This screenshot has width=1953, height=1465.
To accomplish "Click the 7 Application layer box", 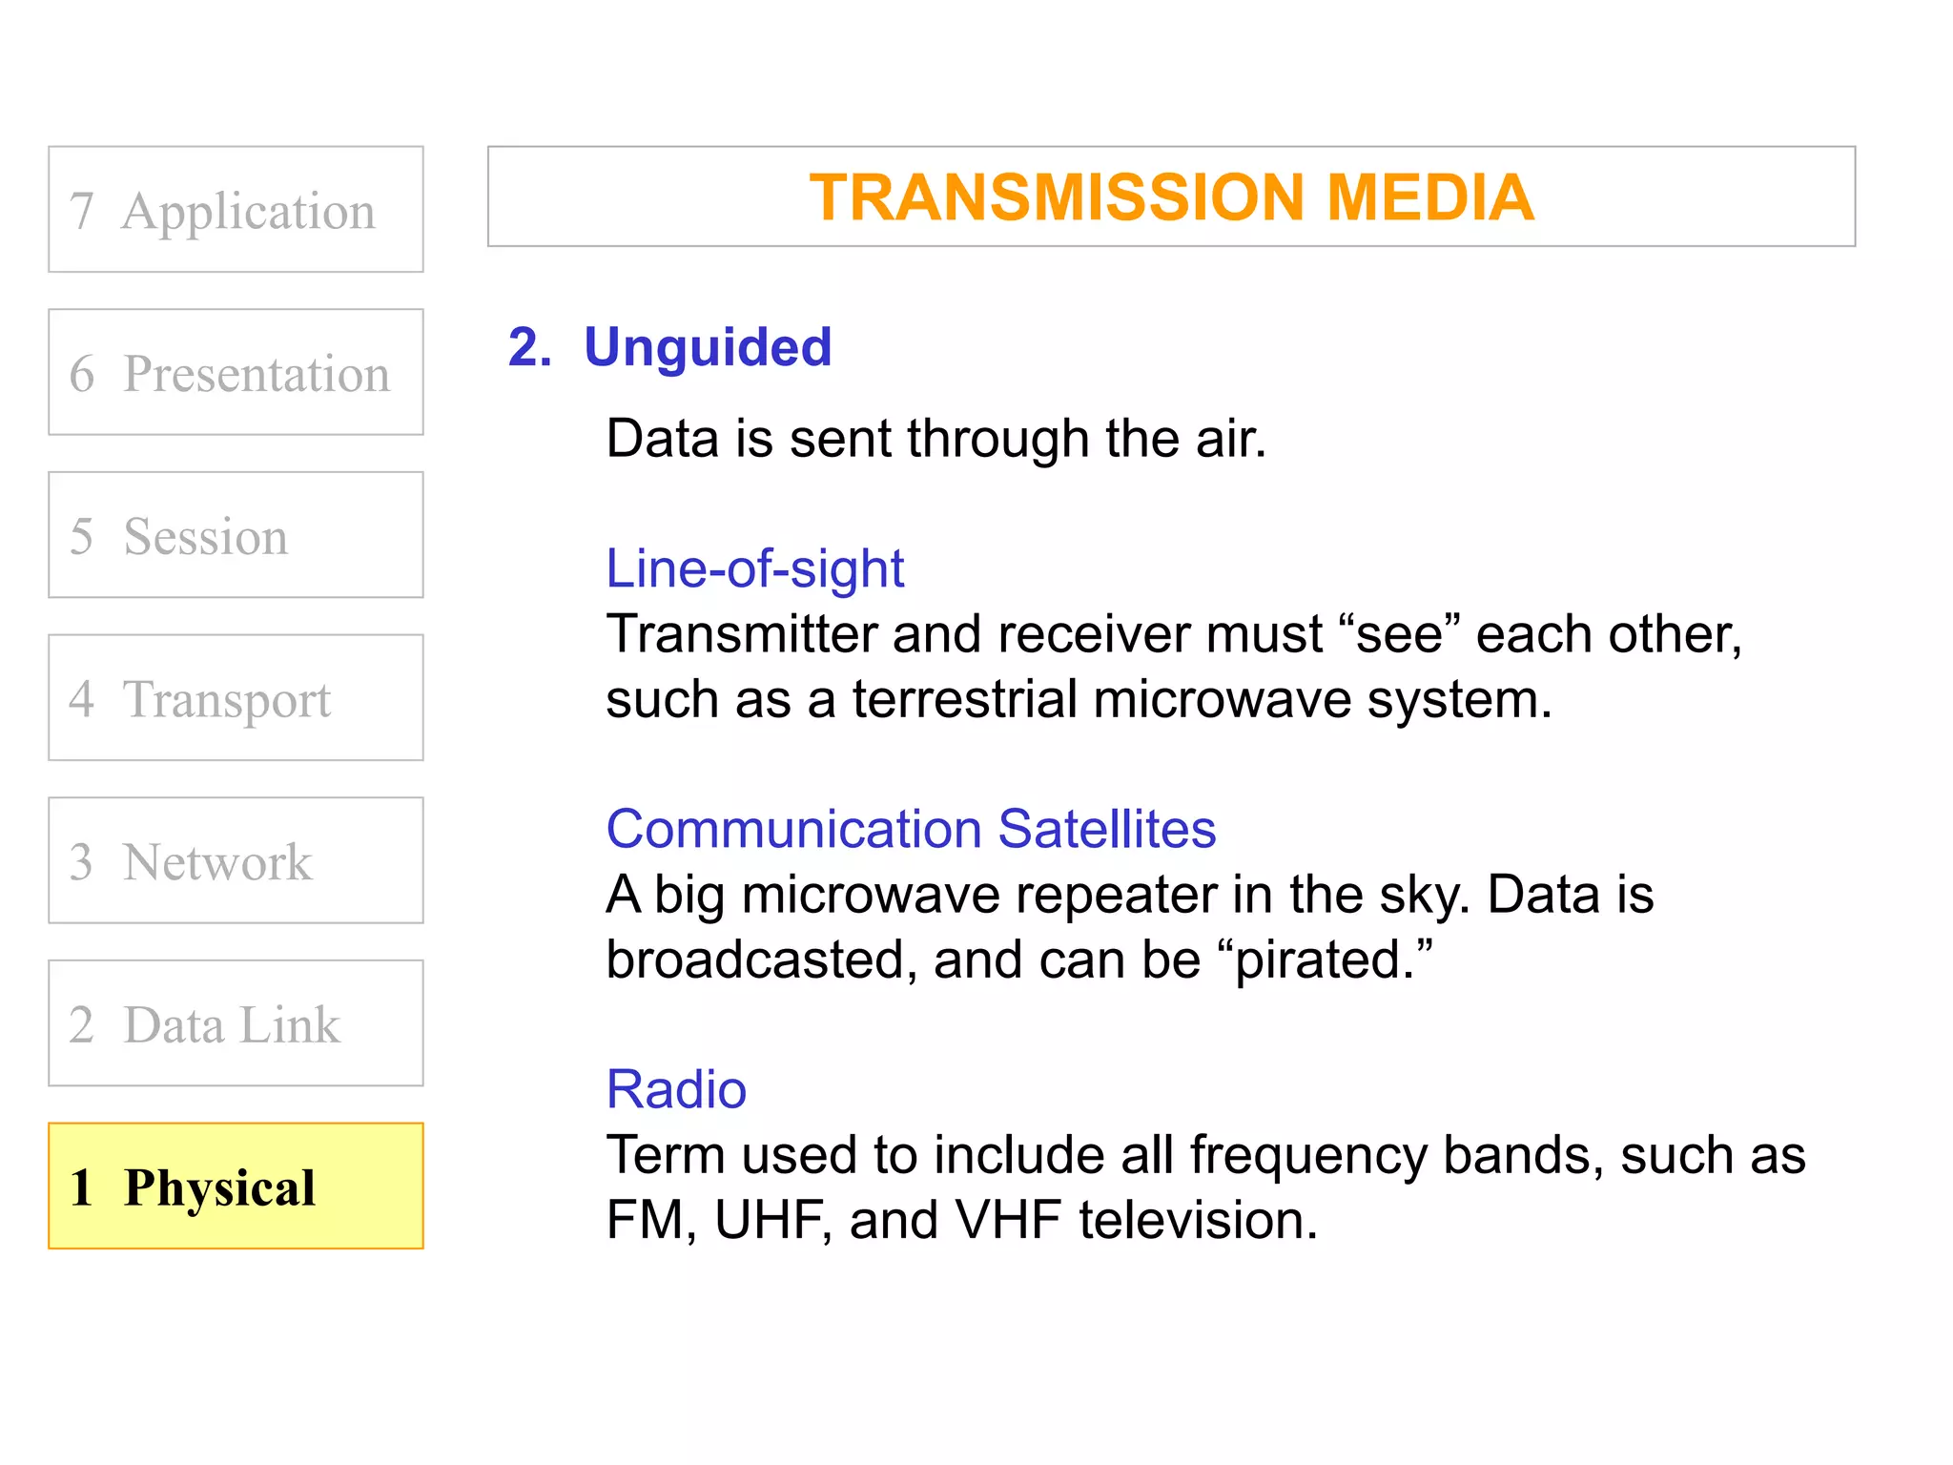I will pos(236,210).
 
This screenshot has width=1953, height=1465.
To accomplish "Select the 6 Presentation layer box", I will pos(236,372).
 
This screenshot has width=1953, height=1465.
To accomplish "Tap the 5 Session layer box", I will pos(236,535).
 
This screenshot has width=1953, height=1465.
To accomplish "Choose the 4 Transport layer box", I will pos(236,698).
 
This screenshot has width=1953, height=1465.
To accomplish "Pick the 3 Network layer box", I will pos(236,860).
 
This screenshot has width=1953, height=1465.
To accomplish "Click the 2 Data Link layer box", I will pos(236,1023).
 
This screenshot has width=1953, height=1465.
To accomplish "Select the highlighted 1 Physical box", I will pos(236,1186).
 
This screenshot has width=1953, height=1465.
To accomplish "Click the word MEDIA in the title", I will pos(1429,197).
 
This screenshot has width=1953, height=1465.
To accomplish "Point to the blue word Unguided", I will pos(708,346).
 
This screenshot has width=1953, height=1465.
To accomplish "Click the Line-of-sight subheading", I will pos(754,568).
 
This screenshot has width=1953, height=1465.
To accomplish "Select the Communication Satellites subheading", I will pos(911,828).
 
